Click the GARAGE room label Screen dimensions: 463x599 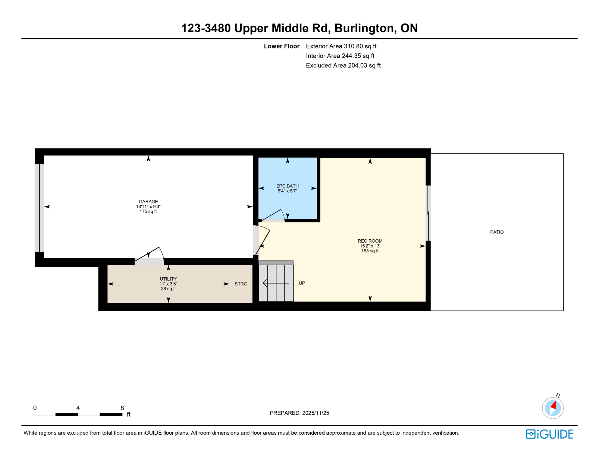click(148, 202)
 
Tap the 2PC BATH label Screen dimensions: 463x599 click(287, 186)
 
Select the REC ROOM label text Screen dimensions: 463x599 click(370, 241)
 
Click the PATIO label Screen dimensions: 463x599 click(497, 232)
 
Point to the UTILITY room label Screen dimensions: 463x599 click(168, 279)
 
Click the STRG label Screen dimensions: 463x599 click(241, 284)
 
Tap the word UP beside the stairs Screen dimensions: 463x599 click(302, 283)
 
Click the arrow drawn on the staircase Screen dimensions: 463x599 click(275, 283)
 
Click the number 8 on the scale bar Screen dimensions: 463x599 click(122, 408)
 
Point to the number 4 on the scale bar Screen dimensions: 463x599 click(78, 408)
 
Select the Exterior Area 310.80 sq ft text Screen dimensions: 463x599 click(341, 46)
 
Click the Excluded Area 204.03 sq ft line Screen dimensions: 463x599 click(343, 65)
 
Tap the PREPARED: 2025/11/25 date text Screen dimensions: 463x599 click(299, 413)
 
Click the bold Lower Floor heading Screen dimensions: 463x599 click(281, 46)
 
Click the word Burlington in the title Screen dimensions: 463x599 click(364, 28)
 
